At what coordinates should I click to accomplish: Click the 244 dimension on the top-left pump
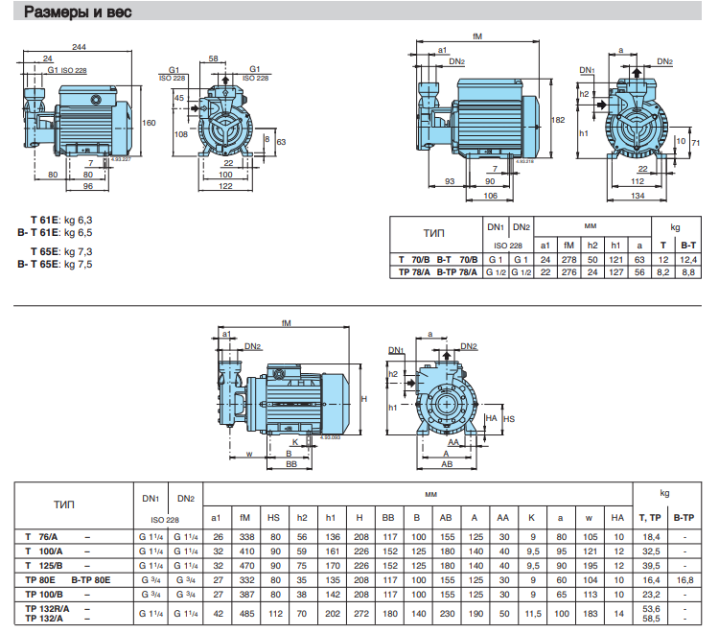pos(79,47)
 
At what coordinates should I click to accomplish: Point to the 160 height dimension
pos(148,123)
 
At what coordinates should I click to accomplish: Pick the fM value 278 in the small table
pos(568,260)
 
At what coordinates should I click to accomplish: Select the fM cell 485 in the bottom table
pos(244,612)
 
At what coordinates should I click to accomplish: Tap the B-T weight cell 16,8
pos(684,580)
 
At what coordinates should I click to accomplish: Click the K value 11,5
pos(531,612)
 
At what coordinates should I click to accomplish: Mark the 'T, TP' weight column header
pos(653,518)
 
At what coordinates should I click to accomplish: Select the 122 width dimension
pos(225,187)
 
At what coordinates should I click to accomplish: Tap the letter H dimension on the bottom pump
pos(363,398)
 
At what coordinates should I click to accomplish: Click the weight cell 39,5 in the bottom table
pos(652,566)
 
